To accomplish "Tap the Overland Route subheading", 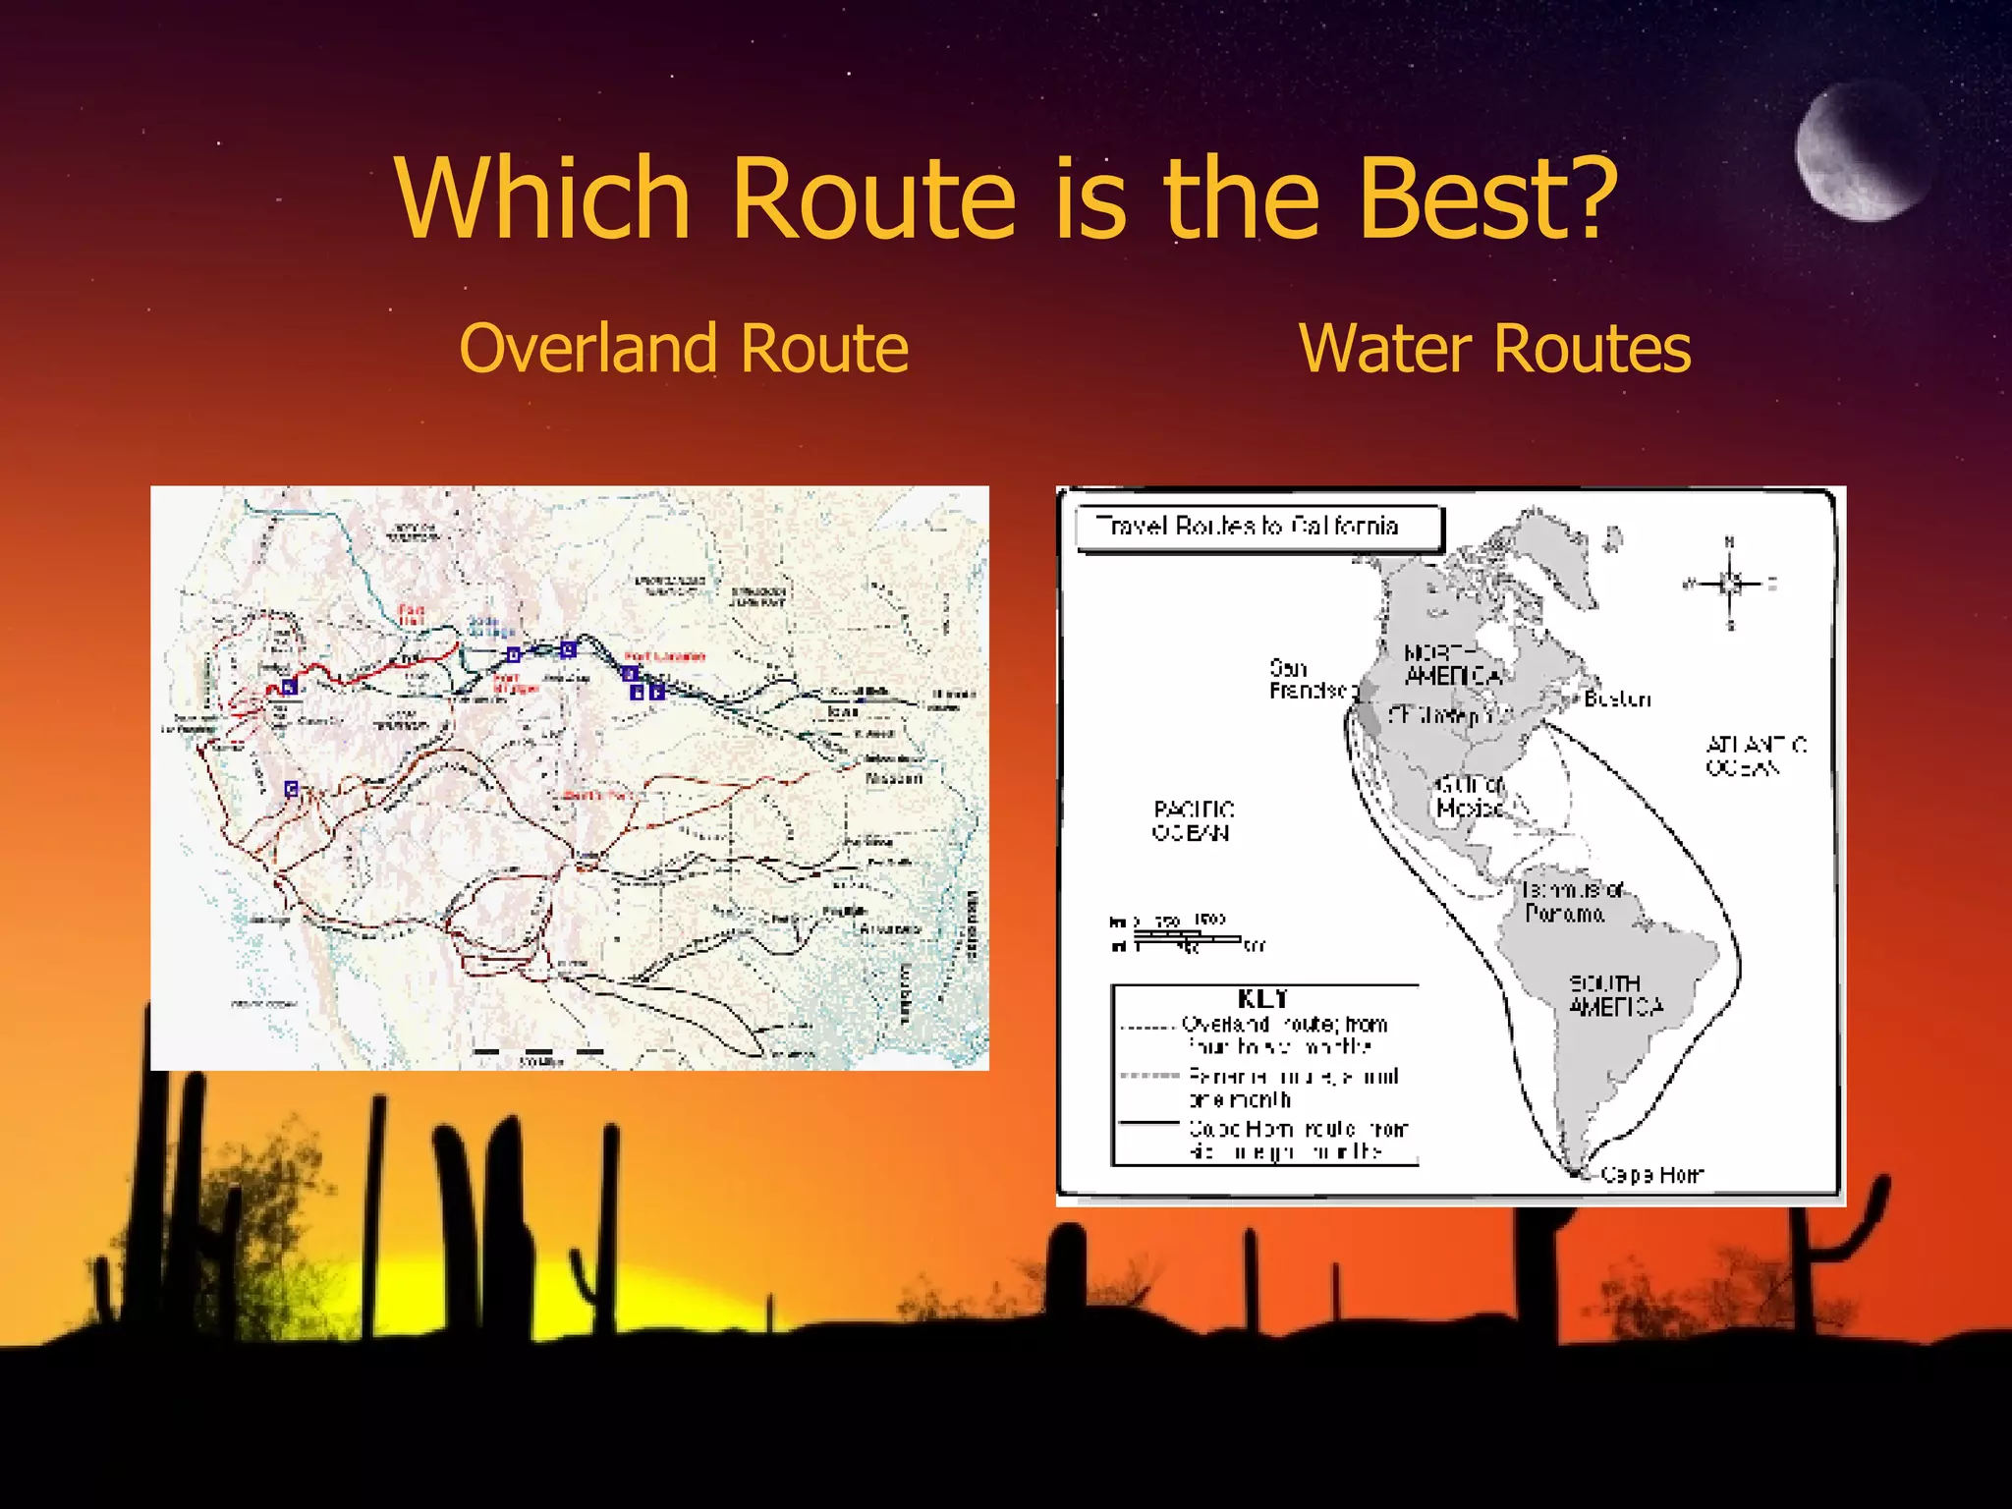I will tap(684, 349).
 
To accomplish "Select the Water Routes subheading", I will tap(1494, 349).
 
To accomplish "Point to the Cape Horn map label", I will tap(1651, 1175).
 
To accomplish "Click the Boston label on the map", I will tap(1617, 699).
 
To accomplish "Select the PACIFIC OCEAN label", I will tap(1193, 820).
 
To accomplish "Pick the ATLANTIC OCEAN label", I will tap(1756, 755).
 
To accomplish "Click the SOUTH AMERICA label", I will tap(1615, 994).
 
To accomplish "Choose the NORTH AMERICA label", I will tap(1452, 665).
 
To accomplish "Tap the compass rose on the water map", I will tap(1730, 585).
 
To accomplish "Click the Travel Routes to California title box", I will tap(1258, 528).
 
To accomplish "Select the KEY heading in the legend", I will tap(1263, 999).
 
